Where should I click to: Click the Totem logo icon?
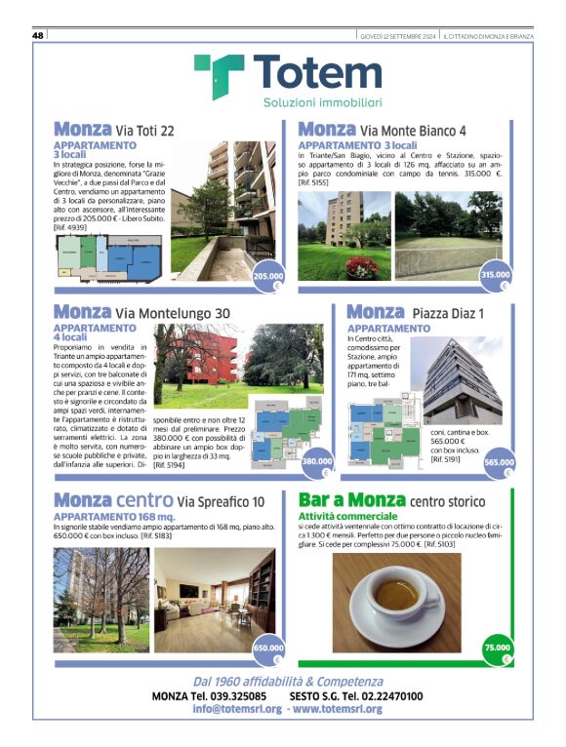pos(219,76)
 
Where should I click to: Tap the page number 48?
pos(39,35)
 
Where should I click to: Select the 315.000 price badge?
pos(495,276)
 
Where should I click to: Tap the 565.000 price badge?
pos(499,462)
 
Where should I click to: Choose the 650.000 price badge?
pos(268,648)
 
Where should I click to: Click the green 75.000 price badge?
pos(497,648)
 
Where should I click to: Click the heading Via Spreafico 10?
pos(207,501)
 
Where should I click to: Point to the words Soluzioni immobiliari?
pos(322,102)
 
